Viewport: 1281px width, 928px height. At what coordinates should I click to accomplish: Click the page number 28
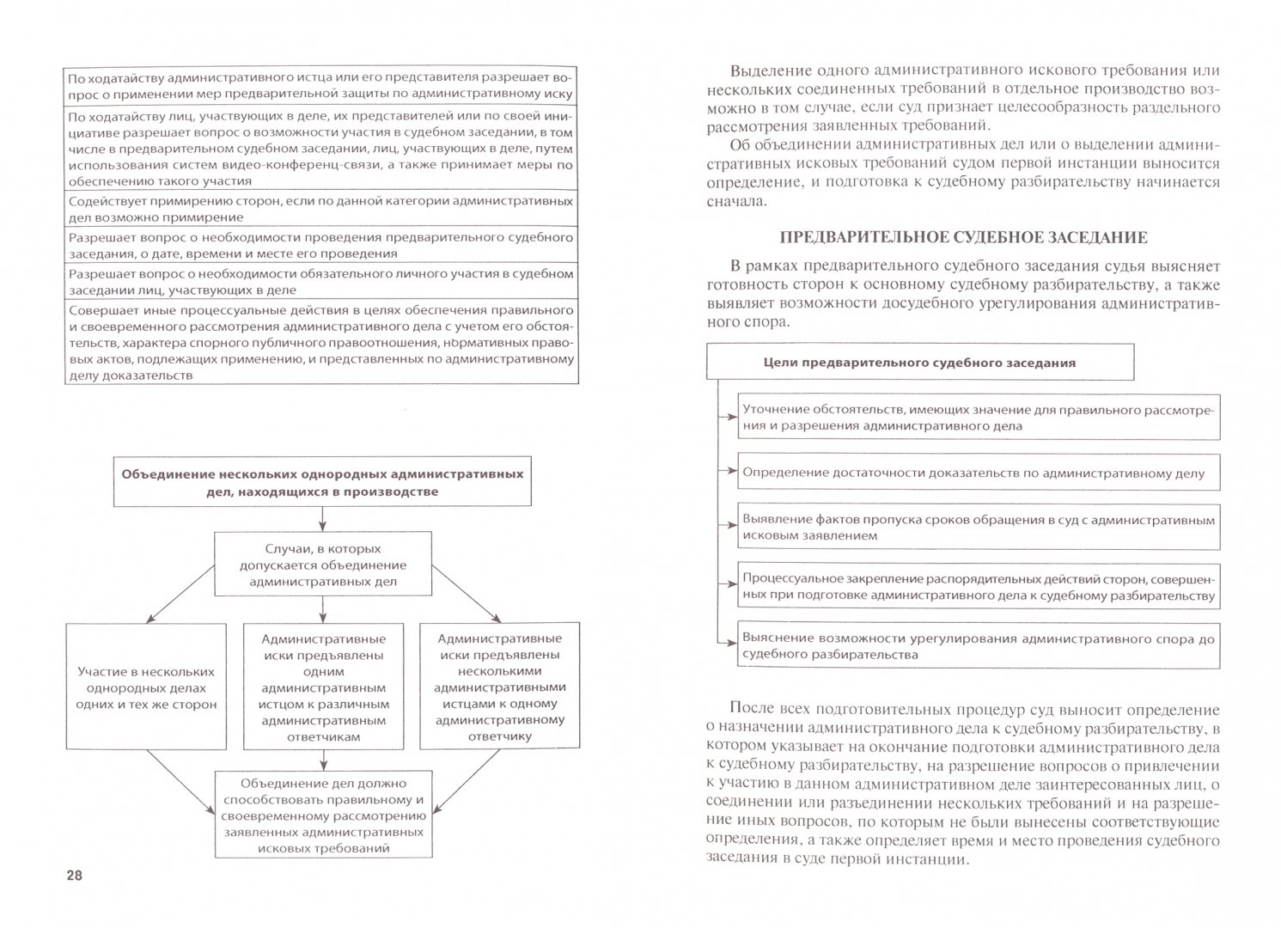click(73, 875)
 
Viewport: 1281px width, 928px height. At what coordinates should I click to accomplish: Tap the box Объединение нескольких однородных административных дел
click(322, 483)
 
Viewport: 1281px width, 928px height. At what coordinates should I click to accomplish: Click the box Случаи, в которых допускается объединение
click(322, 565)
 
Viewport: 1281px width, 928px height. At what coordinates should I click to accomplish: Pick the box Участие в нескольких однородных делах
click(146, 687)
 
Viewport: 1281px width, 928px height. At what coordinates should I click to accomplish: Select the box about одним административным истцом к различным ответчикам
click(323, 687)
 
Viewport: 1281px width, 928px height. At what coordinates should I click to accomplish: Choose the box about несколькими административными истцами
click(500, 687)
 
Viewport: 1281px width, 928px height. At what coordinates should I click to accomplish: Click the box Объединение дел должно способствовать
click(323, 815)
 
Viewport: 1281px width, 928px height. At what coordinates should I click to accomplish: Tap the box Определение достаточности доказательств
click(979, 473)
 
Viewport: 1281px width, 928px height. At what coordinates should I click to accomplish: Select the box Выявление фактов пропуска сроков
click(979, 528)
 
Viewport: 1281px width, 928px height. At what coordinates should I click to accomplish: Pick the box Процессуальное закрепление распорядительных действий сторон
click(979, 586)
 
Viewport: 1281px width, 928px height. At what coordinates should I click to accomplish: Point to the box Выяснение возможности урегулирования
click(979, 645)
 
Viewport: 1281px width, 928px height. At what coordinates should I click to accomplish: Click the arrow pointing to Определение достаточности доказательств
click(727, 472)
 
